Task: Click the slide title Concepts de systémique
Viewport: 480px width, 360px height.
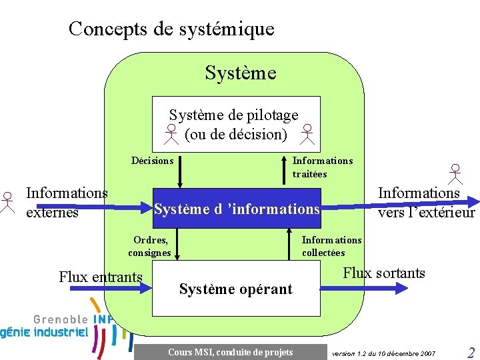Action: pyautogui.click(x=171, y=29)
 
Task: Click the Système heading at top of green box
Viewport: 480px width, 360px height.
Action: pyautogui.click(x=240, y=73)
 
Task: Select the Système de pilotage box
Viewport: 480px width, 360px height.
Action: pyautogui.click(x=236, y=124)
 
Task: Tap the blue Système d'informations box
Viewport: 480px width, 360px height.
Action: pyautogui.click(x=237, y=209)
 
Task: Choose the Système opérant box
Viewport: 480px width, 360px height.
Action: pyautogui.click(x=235, y=289)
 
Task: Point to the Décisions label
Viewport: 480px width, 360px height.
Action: pyautogui.click(x=152, y=161)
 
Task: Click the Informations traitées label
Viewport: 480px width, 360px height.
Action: pyautogui.click(x=322, y=167)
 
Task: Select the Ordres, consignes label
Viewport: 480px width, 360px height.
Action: pyautogui.click(x=150, y=246)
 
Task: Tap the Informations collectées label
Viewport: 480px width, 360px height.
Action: pyautogui.click(x=331, y=246)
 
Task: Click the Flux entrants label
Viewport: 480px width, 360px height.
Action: pyautogui.click(x=101, y=277)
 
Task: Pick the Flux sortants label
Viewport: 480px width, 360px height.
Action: pyautogui.click(x=384, y=273)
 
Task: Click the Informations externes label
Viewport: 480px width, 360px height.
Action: pyautogui.click(x=66, y=203)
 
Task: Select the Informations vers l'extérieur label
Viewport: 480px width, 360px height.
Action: pyautogui.click(x=426, y=203)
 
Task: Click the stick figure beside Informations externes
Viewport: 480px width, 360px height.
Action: pyautogui.click(x=7, y=202)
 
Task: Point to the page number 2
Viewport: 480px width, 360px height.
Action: pyautogui.click(x=471, y=353)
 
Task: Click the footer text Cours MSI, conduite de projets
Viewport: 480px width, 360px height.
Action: pyautogui.click(x=230, y=352)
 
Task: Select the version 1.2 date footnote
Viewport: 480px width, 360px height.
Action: pyautogui.click(x=383, y=353)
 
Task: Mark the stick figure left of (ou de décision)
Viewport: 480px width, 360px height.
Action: pyautogui.click(x=171, y=134)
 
